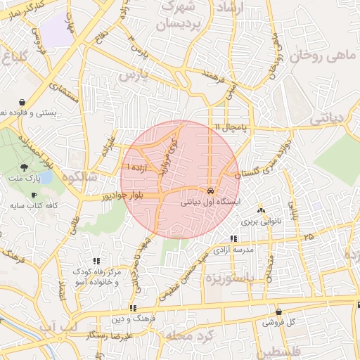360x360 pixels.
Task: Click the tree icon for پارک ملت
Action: tap(25, 167)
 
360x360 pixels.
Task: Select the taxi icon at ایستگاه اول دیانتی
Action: tap(210, 191)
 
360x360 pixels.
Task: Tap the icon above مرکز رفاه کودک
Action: tap(96, 261)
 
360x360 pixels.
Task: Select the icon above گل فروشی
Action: tap(279, 311)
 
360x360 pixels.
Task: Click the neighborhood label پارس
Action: tap(134, 74)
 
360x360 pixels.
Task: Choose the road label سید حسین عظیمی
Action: tap(185, 275)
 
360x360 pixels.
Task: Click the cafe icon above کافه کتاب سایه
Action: tap(33, 195)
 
